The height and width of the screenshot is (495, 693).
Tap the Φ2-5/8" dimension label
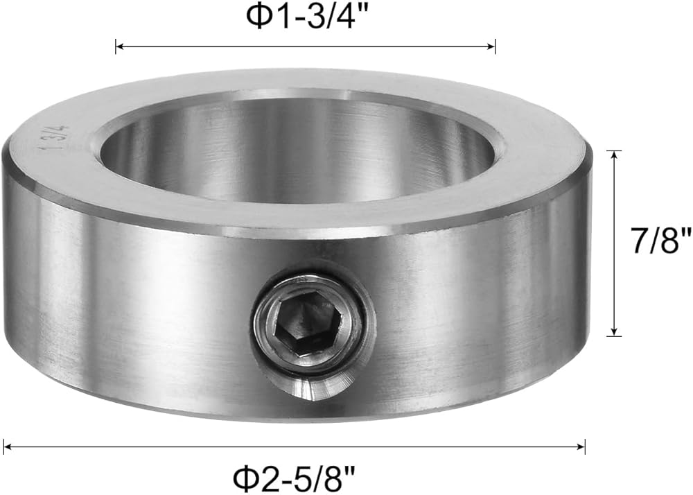pyautogui.click(x=295, y=478)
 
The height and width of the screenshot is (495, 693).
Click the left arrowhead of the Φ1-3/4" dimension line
pyautogui.click(x=119, y=46)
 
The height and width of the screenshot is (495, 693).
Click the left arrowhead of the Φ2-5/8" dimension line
pyautogui.click(x=7, y=448)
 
